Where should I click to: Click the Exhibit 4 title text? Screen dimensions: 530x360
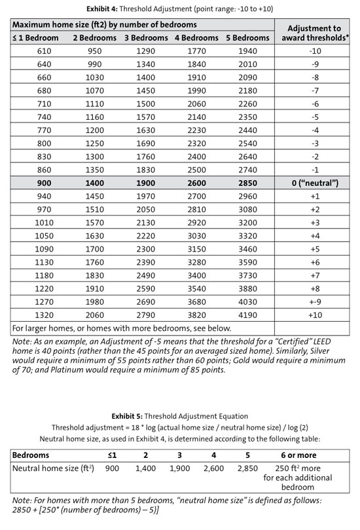[x=179, y=9]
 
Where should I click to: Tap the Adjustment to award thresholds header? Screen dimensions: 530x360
[x=314, y=32]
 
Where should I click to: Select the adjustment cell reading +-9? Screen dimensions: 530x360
[x=314, y=301]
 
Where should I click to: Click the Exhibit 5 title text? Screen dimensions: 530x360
[x=179, y=415]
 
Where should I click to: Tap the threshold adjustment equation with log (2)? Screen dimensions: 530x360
[x=179, y=426]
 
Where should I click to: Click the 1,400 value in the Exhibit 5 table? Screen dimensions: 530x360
[x=147, y=469]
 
